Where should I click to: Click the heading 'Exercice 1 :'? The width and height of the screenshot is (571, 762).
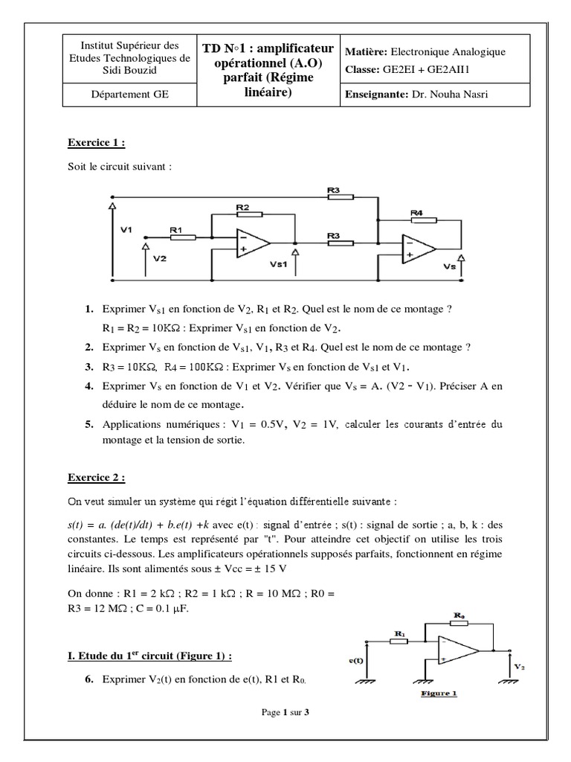point(96,143)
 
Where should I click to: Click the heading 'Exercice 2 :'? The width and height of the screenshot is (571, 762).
point(96,478)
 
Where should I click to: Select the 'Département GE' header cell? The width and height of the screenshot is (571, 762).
point(129,95)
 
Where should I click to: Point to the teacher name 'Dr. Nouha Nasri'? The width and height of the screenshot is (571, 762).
point(450,95)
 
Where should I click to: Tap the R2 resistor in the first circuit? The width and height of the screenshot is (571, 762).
point(250,214)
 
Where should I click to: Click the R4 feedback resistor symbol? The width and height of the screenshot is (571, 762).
point(424,220)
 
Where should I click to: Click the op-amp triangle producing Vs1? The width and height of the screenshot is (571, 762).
point(253,243)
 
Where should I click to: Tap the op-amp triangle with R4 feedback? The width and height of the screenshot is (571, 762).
point(419,249)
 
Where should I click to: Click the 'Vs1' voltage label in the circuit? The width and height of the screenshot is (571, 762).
point(278,264)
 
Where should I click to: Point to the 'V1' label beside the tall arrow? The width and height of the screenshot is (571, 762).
point(126,229)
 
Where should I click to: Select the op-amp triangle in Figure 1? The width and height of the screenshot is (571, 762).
point(458,650)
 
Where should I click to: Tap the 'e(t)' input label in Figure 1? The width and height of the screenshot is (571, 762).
point(356,661)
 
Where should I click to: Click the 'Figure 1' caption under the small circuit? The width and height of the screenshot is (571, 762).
point(439,694)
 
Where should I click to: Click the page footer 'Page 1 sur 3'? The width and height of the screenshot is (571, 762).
point(285,712)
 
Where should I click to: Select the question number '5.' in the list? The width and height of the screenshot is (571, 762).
point(89,424)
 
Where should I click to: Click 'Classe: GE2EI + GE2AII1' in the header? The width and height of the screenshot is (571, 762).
point(407,69)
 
